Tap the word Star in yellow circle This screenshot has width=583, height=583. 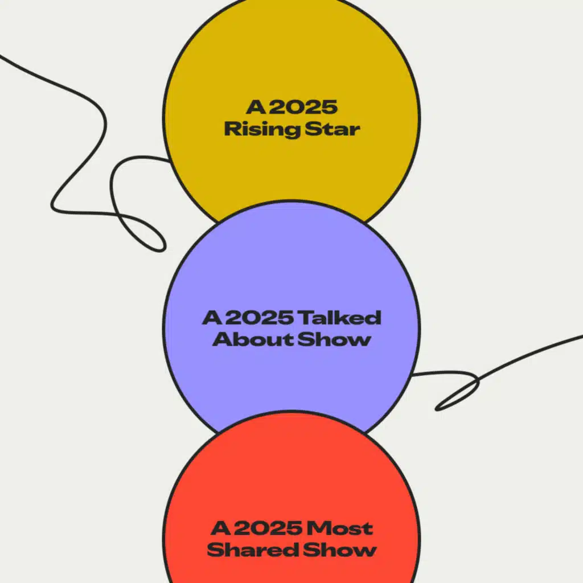coord(332,129)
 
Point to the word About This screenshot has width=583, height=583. coord(246,339)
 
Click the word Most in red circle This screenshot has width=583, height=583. coord(340,528)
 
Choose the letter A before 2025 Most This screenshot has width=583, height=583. coord(220,528)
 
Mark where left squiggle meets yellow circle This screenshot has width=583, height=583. coord(170,160)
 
